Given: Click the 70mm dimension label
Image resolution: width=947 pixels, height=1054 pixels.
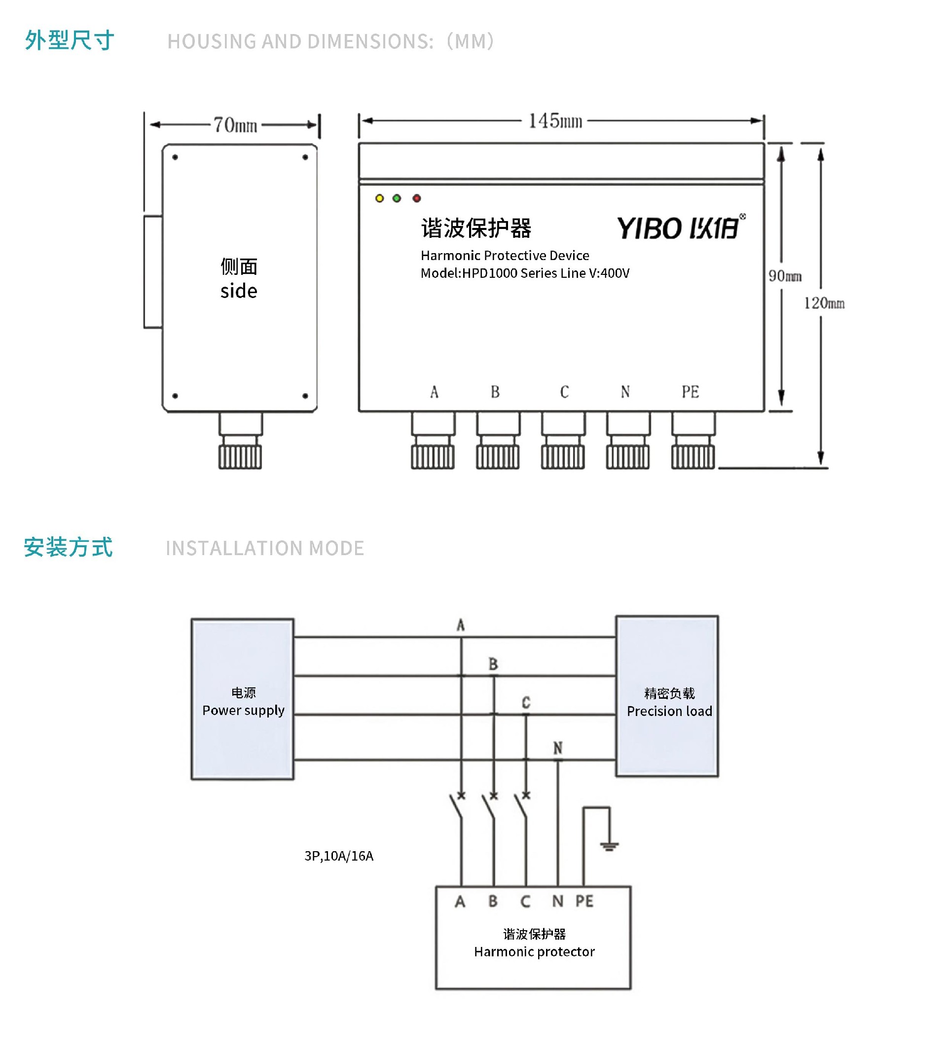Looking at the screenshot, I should pos(235,125).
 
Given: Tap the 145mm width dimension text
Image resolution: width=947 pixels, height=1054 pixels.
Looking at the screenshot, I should pos(555,121).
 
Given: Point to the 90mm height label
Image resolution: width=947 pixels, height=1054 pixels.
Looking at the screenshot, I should pos(785,276).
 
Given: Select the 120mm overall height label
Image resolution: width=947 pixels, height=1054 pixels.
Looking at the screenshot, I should pos(824,303).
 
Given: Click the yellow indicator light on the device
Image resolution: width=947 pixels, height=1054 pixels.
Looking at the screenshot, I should pos(379,198).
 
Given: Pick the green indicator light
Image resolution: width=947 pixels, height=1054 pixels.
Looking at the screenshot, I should pos(397,198).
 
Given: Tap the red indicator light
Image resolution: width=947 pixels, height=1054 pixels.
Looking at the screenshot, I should pos(416,198).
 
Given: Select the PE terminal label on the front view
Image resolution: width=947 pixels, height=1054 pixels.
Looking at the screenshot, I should pos(690,392).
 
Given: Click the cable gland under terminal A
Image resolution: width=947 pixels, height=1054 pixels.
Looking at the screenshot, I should pos(433,440).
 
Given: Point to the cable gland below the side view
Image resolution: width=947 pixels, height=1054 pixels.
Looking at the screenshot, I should pos(240,441).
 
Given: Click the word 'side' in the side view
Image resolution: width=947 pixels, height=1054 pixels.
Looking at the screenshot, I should pos(239,291).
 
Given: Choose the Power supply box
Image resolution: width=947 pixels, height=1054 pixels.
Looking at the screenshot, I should pos(243,699).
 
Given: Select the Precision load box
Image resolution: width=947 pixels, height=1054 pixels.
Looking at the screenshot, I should pos(667,697).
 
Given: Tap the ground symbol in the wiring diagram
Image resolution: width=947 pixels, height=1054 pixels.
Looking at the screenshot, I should pos(609,846).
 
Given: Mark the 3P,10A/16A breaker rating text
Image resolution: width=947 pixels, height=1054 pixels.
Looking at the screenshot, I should pos(339,856).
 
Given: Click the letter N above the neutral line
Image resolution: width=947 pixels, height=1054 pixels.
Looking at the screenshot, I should pos(558,748).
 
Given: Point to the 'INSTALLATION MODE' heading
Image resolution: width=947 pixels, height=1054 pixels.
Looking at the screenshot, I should pos(264,548).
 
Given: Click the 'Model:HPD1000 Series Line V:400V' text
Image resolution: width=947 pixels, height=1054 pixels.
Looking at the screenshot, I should pos(524,273).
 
